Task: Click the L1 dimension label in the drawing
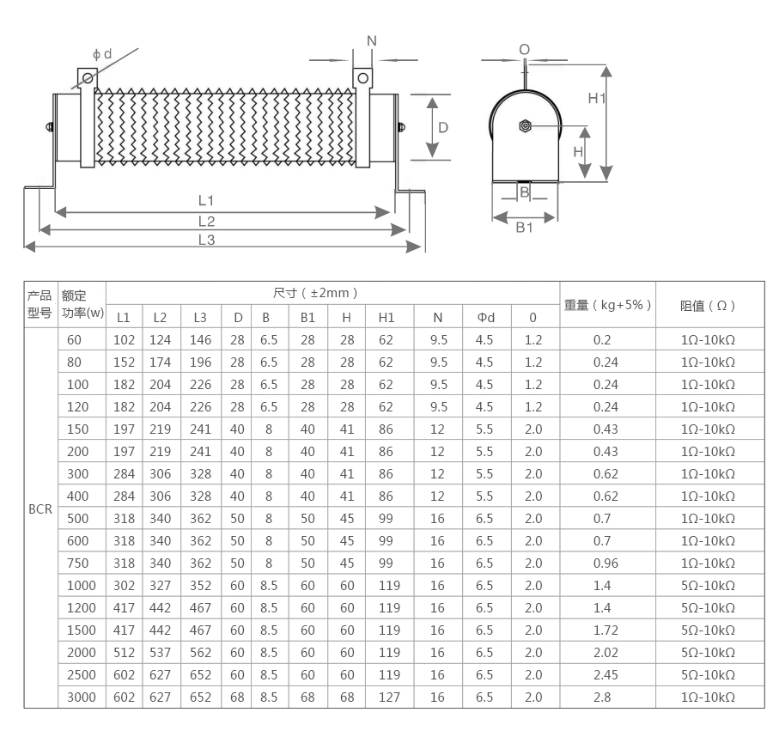pos(205,201)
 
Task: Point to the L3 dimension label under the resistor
pos(206,241)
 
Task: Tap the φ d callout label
pos(102,54)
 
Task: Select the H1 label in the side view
pos(597,98)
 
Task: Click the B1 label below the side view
pos(524,228)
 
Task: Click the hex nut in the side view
pos(525,126)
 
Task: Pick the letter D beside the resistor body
pos(443,128)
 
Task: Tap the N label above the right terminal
pos(372,41)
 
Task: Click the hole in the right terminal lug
pos(362,78)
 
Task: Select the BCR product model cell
pos(40,509)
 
